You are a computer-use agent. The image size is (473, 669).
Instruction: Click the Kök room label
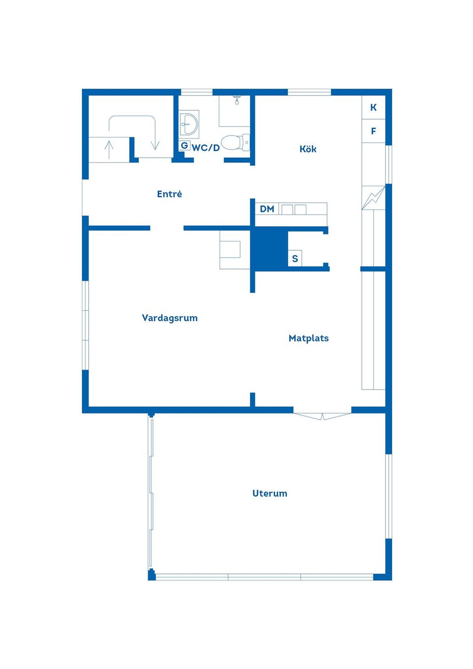click(x=308, y=149)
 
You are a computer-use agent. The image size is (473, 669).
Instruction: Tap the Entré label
click(x=169, y=194)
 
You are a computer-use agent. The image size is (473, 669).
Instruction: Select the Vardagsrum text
click(x=169, y=318)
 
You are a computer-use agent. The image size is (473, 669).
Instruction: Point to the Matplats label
click(x=308, y=338)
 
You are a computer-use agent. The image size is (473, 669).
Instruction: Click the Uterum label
click(x=270, y=494)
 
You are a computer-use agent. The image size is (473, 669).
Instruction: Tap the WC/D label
click(x=206, y=148)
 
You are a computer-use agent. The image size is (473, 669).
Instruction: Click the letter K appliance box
click(x=373, y=107)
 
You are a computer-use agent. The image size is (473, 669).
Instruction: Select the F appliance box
click(x=373, y=131)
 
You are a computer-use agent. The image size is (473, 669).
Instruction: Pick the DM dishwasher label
click(x=267, y=209)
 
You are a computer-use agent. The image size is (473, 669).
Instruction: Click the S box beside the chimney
click(x=295, y=259)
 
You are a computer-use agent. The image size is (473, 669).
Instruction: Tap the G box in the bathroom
click(x=184, y=146)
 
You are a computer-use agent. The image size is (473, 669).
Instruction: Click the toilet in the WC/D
click(x=235, y=143)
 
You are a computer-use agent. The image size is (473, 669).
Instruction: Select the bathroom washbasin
click(x=188, y=124)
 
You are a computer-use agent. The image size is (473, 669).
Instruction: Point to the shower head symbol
click(x=237, y=100)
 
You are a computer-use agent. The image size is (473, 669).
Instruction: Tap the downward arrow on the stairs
click(x=155, y=143)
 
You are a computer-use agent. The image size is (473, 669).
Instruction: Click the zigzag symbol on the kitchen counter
click(x=373, y=198)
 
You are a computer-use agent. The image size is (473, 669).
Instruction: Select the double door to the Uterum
click(x=322, y=416)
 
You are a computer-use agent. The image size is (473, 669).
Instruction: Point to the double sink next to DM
click(x=294, y=209)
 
